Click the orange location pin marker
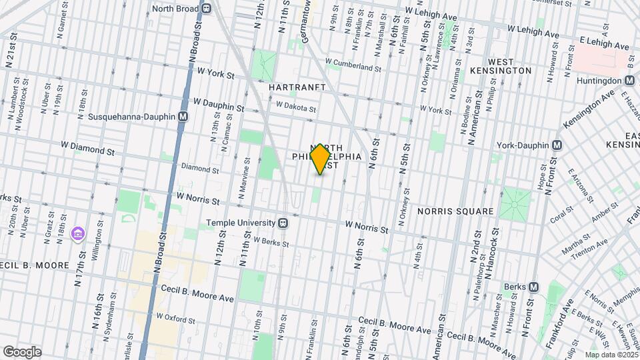click(320, 159)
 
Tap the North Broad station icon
click(207, 9)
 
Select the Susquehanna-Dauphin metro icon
click(183, 116)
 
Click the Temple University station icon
click(283, 223)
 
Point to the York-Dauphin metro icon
click(557, 145)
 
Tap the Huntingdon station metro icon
click(629, 81)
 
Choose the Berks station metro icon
click(533, 287)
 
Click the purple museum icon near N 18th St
click(79, 233)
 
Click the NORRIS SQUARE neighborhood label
click(455, 211)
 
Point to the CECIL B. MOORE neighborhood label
click(35, 265)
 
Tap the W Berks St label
click(270, 243)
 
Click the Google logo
click(21, 351)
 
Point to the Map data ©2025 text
click(610, 355)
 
